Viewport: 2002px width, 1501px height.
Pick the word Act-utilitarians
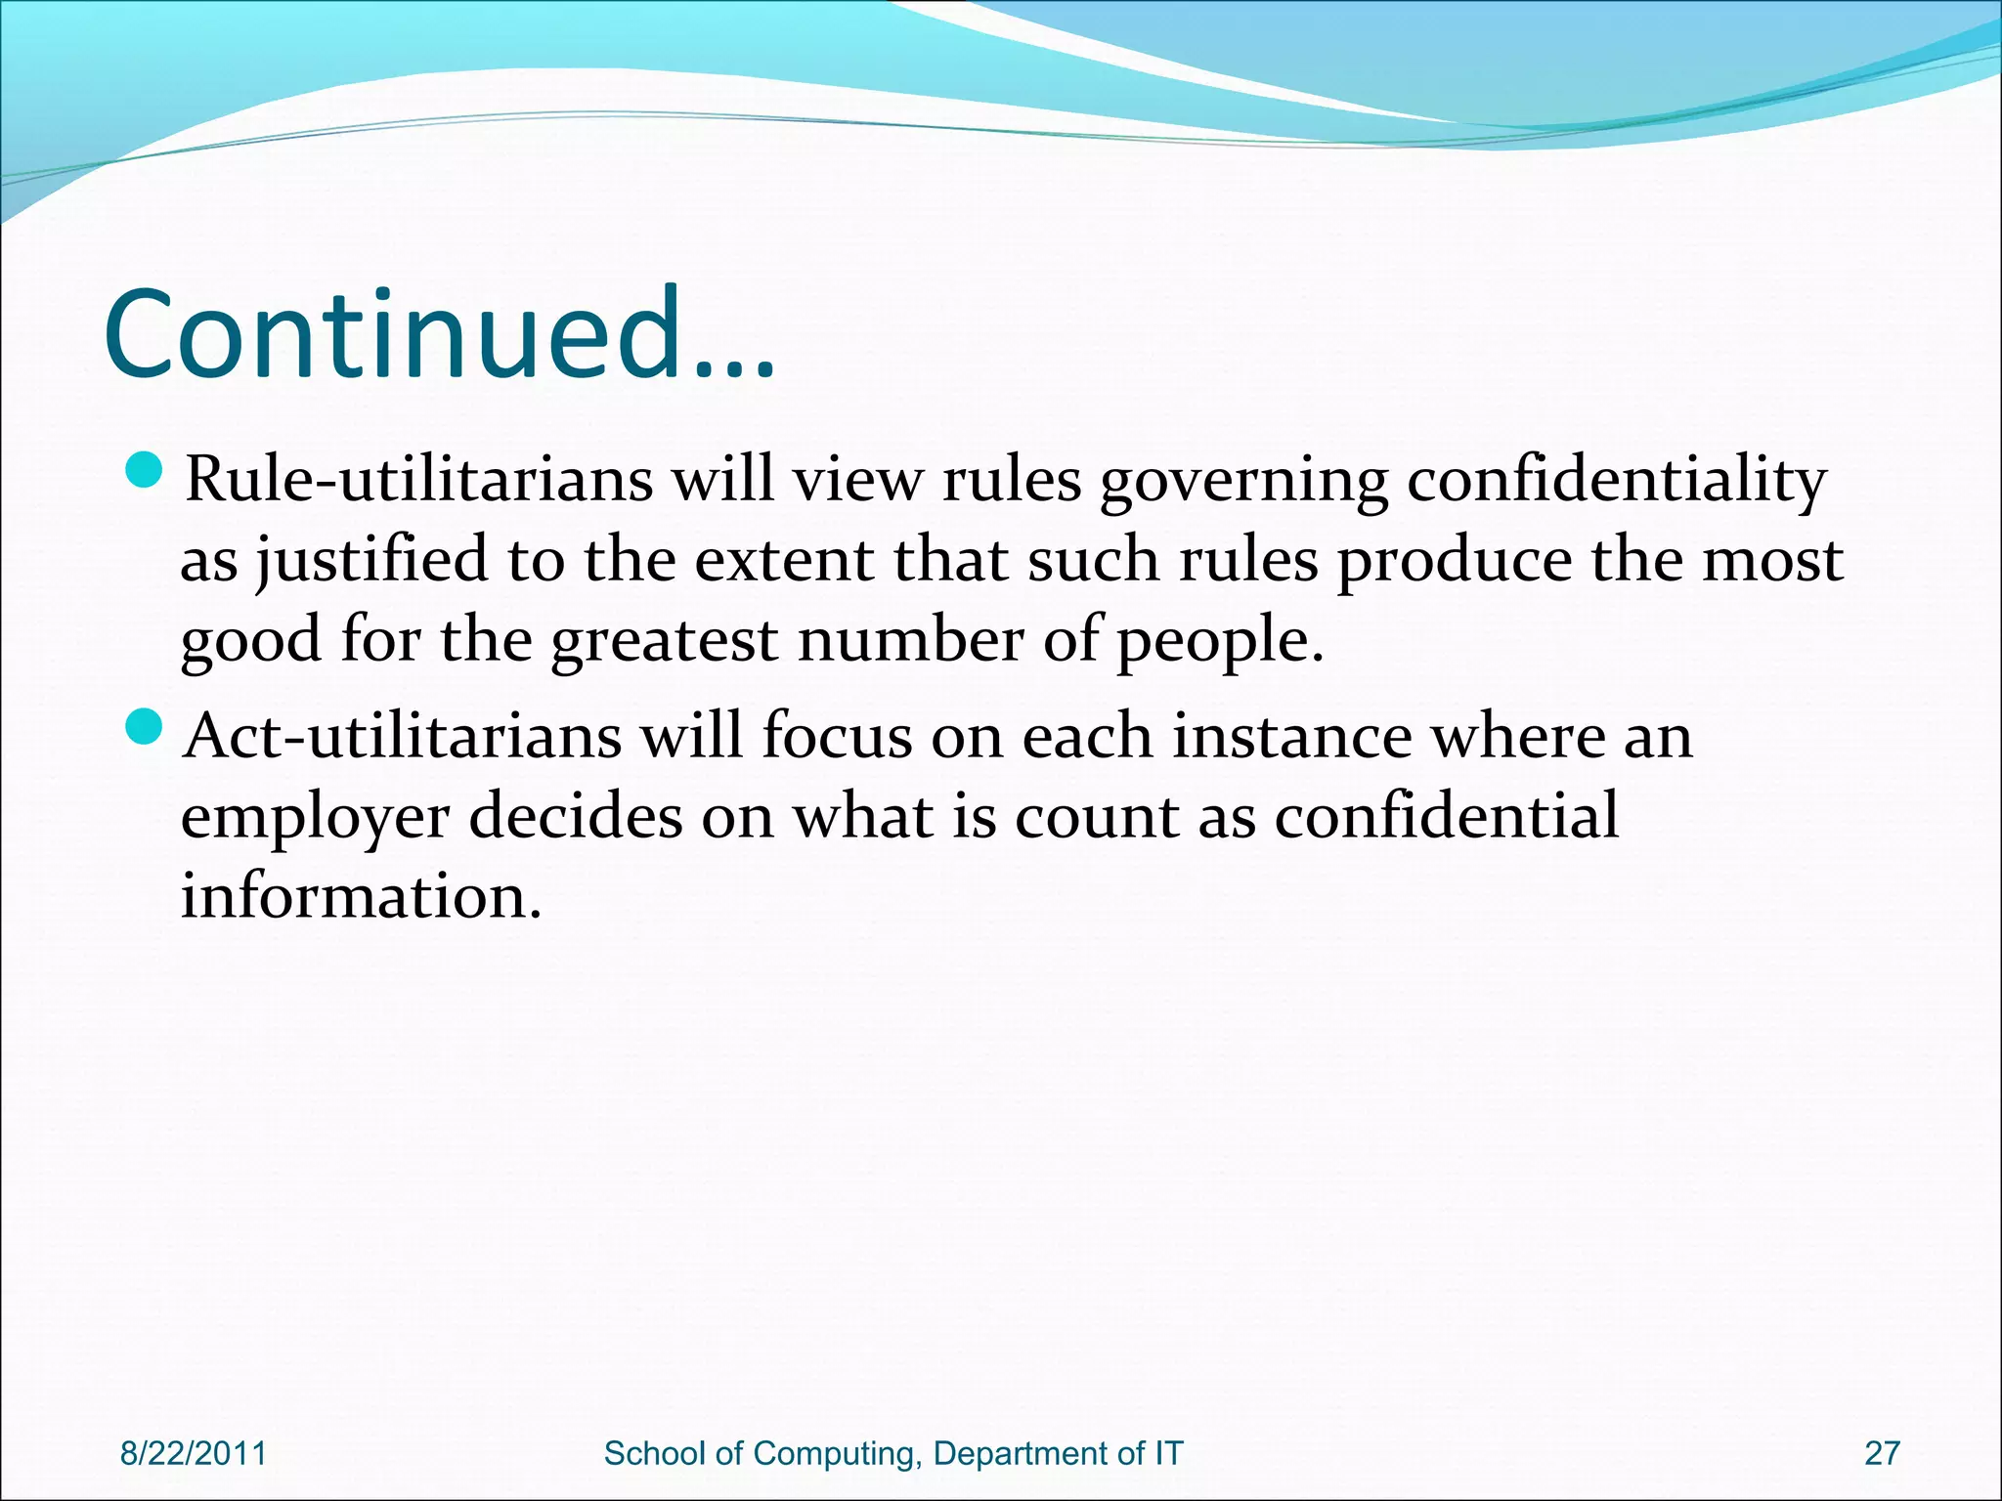[402, 736]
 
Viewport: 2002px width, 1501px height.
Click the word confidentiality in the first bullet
[1616, 481]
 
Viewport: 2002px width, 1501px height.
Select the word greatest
[665, 641]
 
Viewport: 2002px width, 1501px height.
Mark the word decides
[576, 817]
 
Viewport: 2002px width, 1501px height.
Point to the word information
[361, 896]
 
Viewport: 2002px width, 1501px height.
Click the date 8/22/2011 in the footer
[194, 1453]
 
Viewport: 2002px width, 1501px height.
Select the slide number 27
[1882, 1453]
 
